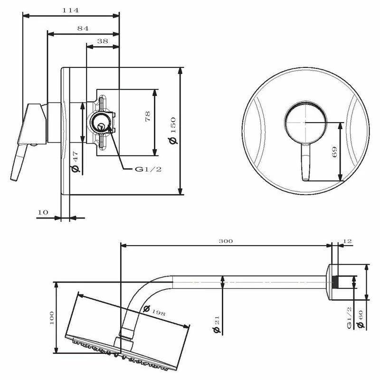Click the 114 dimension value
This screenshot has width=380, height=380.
point(70,10)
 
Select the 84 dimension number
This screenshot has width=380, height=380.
point(83,28)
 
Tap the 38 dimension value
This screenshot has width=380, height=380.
point(103,41)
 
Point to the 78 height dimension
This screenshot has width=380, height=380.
point(148,116)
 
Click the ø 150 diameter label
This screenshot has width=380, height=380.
point(173,131)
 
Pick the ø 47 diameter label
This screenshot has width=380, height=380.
point(76,161)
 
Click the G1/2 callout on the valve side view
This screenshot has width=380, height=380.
point(148,169)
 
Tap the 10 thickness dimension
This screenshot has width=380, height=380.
point(43,212)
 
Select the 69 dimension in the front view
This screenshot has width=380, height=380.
point(334,152)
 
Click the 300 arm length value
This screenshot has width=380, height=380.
point(226,241)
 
